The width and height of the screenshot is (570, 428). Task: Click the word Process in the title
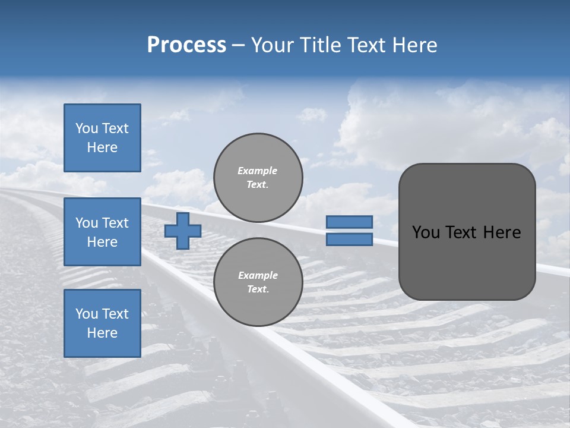pos(186,45)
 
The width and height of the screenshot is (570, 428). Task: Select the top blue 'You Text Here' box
pos(102,138)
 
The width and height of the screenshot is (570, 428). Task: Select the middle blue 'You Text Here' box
pos(102,232)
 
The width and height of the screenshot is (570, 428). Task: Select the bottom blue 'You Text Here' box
pos(102,323)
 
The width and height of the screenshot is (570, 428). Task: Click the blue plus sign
pos(183,231)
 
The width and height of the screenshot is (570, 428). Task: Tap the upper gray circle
pos(258,178)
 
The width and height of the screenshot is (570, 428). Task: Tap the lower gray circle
pos(258,282)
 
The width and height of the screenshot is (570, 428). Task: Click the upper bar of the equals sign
pos(349,222)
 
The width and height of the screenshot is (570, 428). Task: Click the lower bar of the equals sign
pos(349,240)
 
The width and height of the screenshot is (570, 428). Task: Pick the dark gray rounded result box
pos(467,262)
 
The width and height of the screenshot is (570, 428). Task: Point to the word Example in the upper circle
pos(257,171)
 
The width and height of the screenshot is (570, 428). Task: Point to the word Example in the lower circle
pos(257,275)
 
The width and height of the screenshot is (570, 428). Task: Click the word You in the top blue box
pos(86,128)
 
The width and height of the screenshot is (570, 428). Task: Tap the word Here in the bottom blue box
pos(102,333)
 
